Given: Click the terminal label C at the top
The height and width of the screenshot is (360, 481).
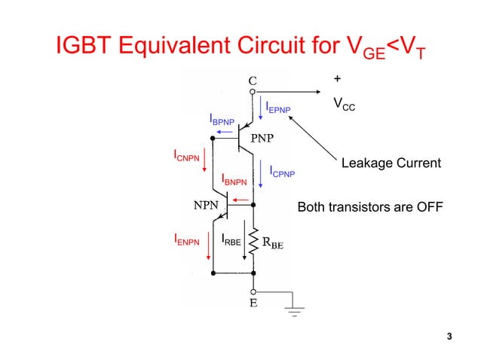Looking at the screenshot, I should click(x=253, y=78).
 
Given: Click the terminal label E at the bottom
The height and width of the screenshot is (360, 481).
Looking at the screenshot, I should click(x=253, y=304).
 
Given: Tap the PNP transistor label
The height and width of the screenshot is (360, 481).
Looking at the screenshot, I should click(x=262, y=138).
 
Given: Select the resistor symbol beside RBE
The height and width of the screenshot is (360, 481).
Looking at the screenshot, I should click(x=253, y=243).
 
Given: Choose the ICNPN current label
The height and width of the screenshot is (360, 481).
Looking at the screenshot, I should click(x=187, y=157).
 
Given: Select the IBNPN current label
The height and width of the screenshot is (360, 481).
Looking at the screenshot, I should click(x=234, y=179).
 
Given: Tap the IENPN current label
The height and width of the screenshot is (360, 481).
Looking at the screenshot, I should click(x=187, y=241).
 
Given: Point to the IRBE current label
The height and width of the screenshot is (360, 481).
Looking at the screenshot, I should click(x=231, y=240).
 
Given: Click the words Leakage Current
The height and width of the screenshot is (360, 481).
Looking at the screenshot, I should click(x=391, y=163).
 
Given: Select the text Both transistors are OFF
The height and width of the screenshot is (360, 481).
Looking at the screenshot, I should click(x=370, y=206).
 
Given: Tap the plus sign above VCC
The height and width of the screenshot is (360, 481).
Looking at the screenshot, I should click(x=336, y=78).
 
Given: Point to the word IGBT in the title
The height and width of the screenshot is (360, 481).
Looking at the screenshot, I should click(x=86, y=47).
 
